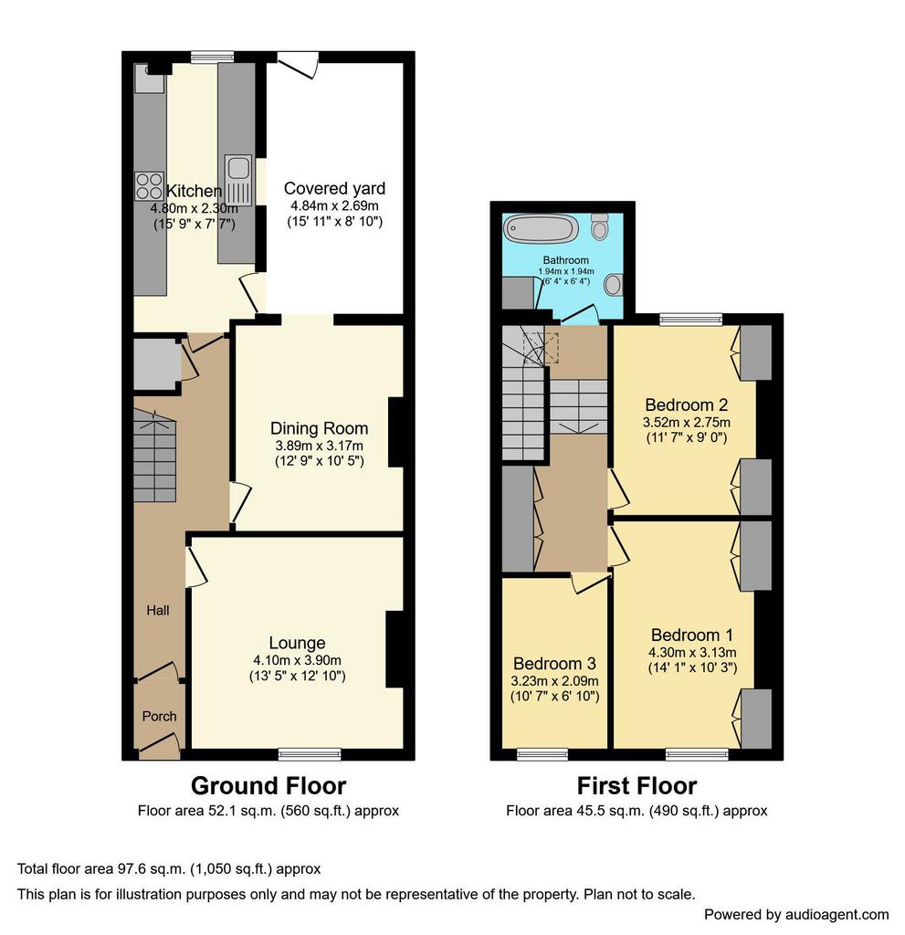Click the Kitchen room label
pyautogui.click(x=194, y=191)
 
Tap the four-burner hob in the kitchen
pyautogui.click(x=149, y=185)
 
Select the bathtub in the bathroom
pyautogui.click(x=542, y=229)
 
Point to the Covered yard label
pyautogui.click(x=334, y=188)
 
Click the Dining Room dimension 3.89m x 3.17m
pyautogui.click(x=319, y=446)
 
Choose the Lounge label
pyautogui.click(x=297, y=643)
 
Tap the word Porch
pyautogui.click(x=159, y=716)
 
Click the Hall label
pyautogui.click(x=158, y=610)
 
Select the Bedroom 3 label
pyautogui.click(x=555, y=664)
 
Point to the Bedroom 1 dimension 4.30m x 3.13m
pyautogui.click(x=692, y=652)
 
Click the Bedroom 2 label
pyautogui.click(x=687, y=404)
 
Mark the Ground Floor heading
pyautogui.click(x=268, y=786)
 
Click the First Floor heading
pyautogui.click(x=637, y=786)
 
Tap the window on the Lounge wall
pyautogui.click(x=310, y=754)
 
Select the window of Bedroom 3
pyautogui.click(x=542, y=754)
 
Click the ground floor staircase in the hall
pyautogui.click(x=154, y=456)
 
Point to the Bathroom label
pyautogui.click(x=565, y=260)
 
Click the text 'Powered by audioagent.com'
pyautogui.click(x=796, y=915)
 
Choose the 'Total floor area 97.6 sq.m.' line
pyautogui.click(x=169, y=869)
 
